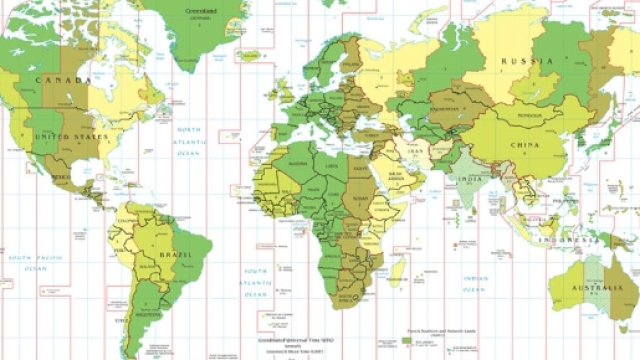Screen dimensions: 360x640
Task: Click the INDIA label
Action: [469, 180]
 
